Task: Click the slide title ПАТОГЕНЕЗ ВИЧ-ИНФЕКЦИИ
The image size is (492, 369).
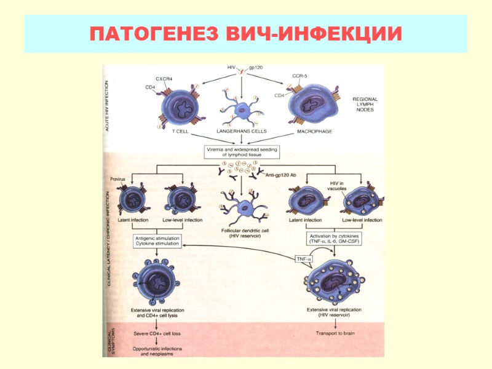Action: pos(245,34)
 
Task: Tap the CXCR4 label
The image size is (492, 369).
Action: pos(164,79)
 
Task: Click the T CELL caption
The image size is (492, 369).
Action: pos(180,132)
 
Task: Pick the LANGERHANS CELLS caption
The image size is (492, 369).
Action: pos(242,132)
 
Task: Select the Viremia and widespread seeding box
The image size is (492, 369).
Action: pos(242,152)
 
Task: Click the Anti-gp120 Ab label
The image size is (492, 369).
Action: pos(280,175)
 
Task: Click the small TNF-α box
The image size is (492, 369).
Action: pos(303,259)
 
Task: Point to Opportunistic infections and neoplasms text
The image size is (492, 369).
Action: pos(156,351)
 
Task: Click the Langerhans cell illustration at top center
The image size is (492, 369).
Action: pos(242,106)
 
